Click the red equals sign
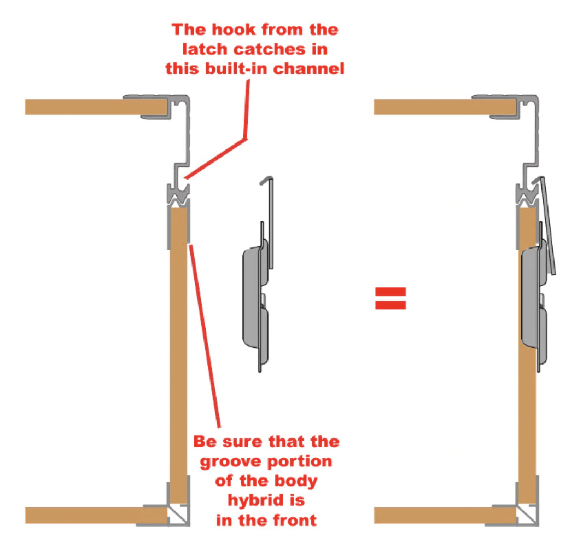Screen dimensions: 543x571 click(x=391, y=298)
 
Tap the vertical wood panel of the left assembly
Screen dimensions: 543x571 click(x=179, y=356)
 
